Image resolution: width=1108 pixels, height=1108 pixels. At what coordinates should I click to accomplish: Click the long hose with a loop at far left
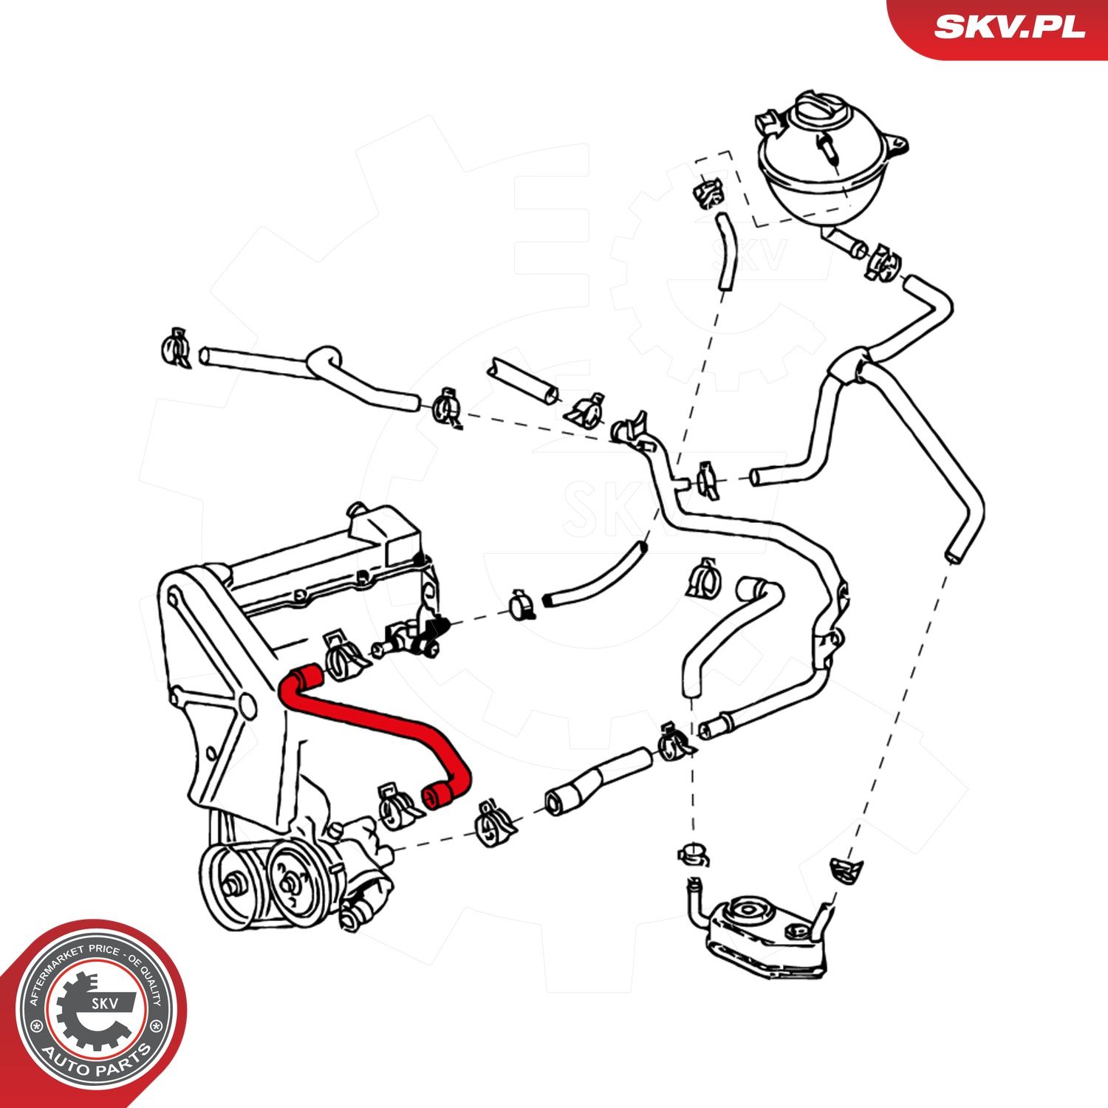pyautogui.click(x=310, y=373)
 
